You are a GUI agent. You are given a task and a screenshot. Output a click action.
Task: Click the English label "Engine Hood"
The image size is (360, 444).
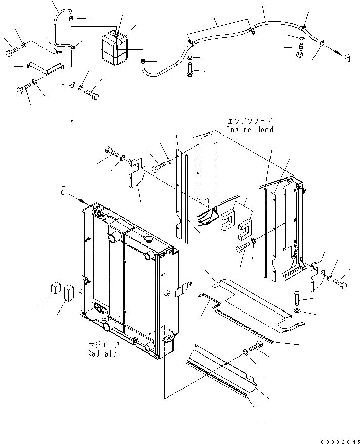pos(250,130)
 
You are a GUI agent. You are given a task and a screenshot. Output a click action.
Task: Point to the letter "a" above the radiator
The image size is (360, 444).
pos(63,191)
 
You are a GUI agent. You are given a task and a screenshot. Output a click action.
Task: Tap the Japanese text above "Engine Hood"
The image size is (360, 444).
pos(250,121)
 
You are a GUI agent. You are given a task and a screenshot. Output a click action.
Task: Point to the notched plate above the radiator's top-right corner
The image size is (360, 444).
pos(136,177)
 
